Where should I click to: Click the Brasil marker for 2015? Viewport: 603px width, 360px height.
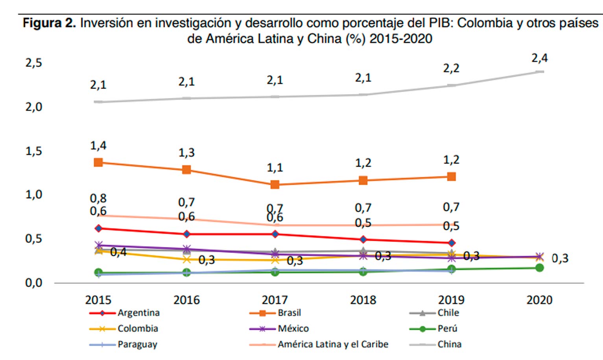tap(98, 162)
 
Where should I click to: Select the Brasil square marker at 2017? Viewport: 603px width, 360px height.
tap(275, 185)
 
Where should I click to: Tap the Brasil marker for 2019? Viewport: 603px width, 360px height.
tap(452, 177)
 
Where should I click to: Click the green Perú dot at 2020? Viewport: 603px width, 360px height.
tap(540, 268)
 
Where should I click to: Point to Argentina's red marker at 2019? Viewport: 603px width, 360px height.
tap(452, 243)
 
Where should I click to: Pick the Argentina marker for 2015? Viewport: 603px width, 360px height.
tap(98, 229)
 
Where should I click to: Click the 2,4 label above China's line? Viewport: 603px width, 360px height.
tap(539, 58)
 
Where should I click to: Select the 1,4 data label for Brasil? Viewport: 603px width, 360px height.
tap(98, 146)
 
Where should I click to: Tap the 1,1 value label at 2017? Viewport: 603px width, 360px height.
tap(275, 168)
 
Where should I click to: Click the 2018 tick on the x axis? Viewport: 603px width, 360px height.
tap(363, 300)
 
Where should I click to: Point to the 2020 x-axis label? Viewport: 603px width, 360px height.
tap(539, 300)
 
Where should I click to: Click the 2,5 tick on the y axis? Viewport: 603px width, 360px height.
tap(34, 63)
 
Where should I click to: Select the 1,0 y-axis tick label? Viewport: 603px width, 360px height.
tap(34, 194)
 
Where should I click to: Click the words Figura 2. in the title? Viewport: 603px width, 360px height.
tap(49, 23)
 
